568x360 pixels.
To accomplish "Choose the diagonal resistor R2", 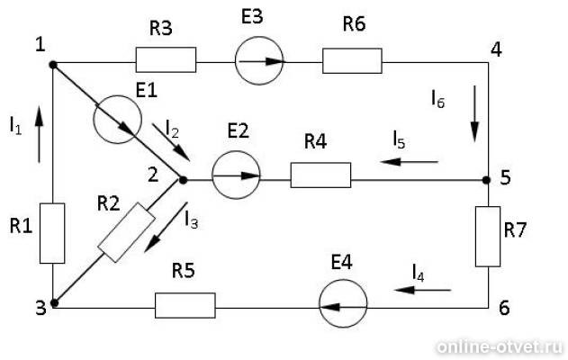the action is coord(126,232).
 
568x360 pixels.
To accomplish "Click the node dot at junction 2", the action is coord(183,180).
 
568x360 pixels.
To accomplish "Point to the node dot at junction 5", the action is coord(486,180).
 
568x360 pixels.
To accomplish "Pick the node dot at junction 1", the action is coord(53,65).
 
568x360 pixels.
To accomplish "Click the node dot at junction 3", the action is coord(54,303).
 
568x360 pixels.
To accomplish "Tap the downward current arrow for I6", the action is coord(474,113).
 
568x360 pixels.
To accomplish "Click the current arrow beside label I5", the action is coord(410,161).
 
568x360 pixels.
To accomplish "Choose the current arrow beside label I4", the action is coord(423,290).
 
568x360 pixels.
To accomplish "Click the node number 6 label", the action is coord(504,308).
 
